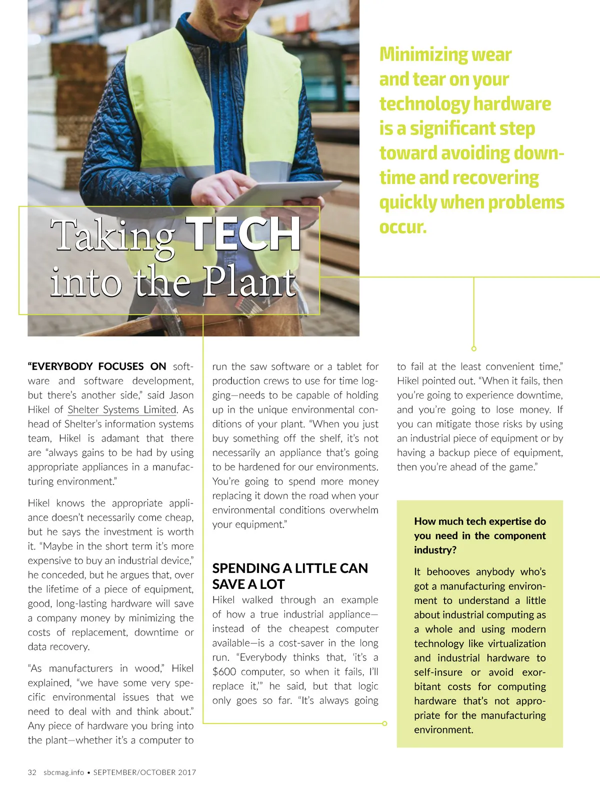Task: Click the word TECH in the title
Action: [243, 234]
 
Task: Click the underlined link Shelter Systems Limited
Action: [122, 409]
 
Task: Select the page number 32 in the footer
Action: [32, 772]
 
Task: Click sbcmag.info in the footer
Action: [63, 772]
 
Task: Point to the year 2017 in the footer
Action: [186, 772]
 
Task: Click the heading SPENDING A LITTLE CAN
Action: [289, 568]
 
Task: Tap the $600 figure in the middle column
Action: [224, 671]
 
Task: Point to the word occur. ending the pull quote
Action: [403, 227]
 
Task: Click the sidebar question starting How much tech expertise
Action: [479, 521]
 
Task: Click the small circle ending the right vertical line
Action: [474, 348]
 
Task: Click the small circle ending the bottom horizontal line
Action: [384, 723]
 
